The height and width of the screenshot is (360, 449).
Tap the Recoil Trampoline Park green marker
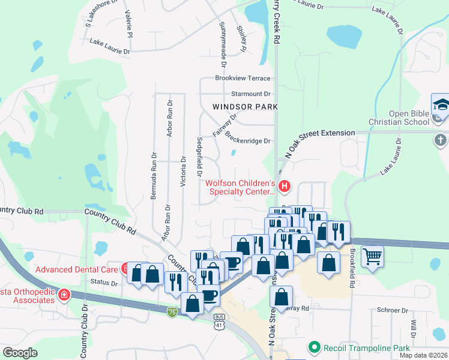[313, 347]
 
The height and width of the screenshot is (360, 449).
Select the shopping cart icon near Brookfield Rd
[373, 256]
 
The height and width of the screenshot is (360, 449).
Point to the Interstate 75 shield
[172, 313]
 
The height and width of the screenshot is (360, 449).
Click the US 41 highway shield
[219, 324]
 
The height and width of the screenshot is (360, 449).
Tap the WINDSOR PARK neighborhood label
[244, 107]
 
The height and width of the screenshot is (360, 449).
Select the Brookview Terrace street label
[243, 78]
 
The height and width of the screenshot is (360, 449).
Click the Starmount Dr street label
[251, 94]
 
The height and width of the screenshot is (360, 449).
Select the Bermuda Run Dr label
[154, 175]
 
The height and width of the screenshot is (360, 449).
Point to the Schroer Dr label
[393, 311]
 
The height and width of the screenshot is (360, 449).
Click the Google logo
[20, 353]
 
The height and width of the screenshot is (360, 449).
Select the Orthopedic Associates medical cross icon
[64, 295]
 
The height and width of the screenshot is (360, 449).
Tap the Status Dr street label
[103, 282]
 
